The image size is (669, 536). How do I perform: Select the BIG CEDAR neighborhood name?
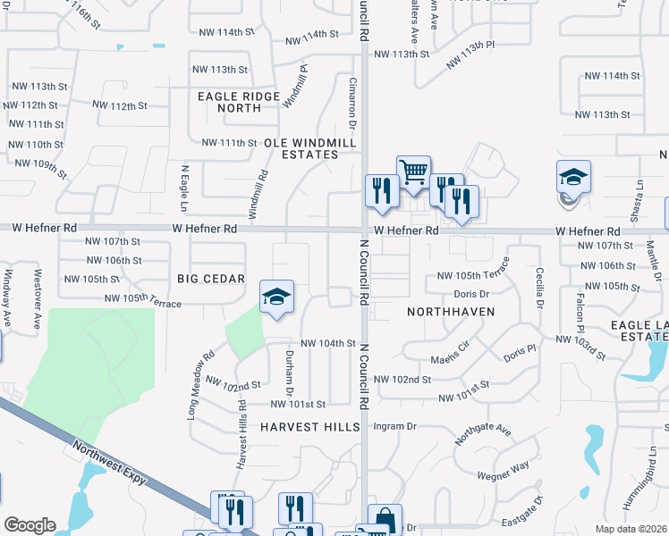tap(211, 279)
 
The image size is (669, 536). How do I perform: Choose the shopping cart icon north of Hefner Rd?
tap(412, 170)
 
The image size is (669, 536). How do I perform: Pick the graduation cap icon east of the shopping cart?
tap(573, 175)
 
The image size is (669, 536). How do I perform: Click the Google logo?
tap(29, 525)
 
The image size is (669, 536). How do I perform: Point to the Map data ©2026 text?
tap(631, 529)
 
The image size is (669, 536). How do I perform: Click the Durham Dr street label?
tap(289, 372)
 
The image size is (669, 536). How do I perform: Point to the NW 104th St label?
tap(328, 343)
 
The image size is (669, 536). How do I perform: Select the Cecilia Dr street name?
tap(539, 287)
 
